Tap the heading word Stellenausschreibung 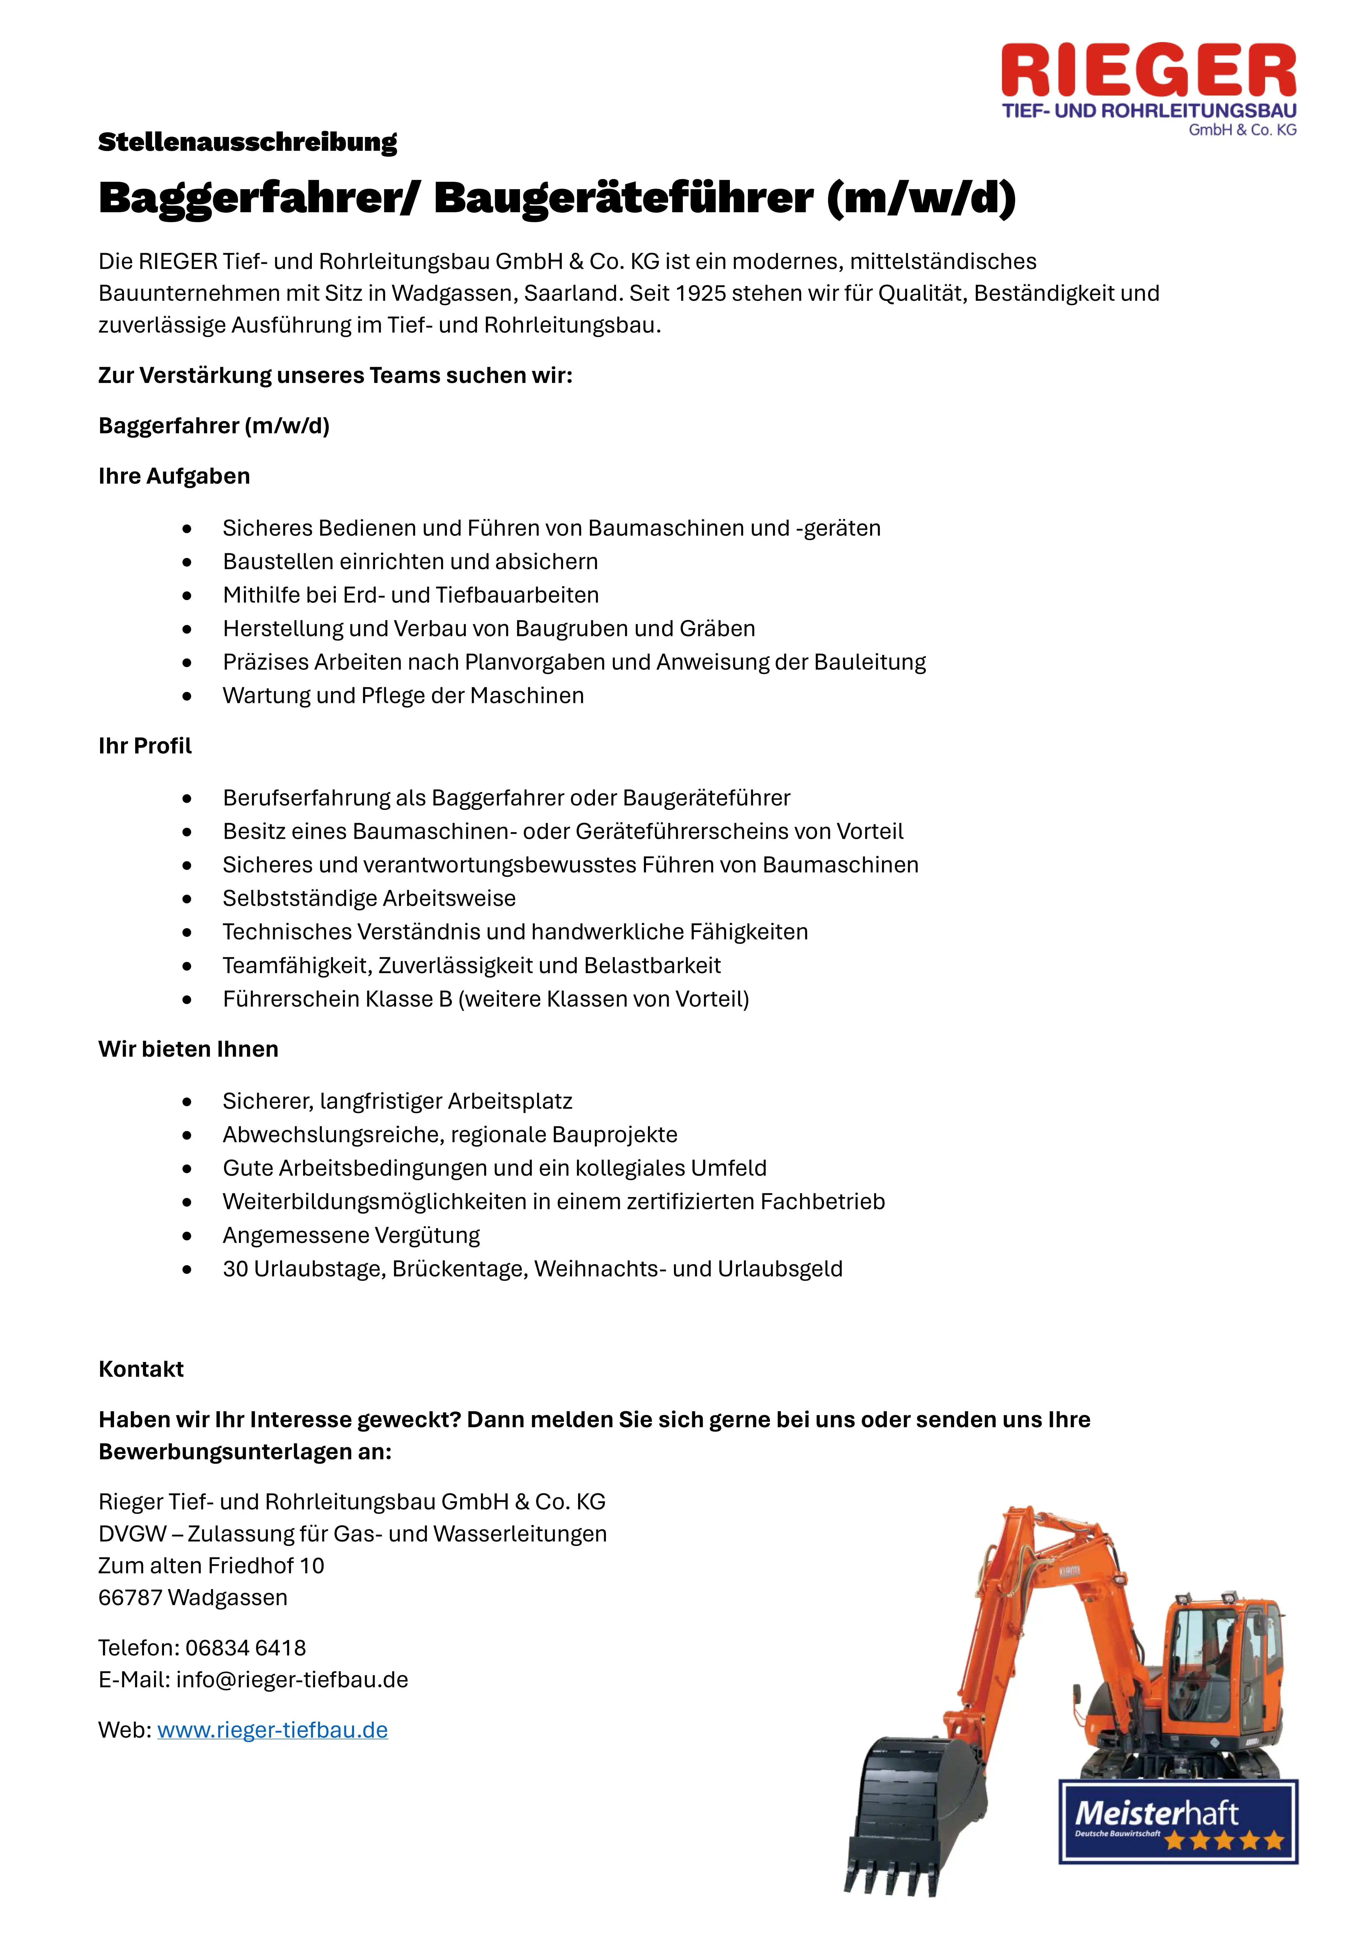(x=248, y=142)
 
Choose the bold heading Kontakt (x=141, y=1369)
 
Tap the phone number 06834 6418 (x=245, y=1648)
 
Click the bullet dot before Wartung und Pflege (x=187, y=697)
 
